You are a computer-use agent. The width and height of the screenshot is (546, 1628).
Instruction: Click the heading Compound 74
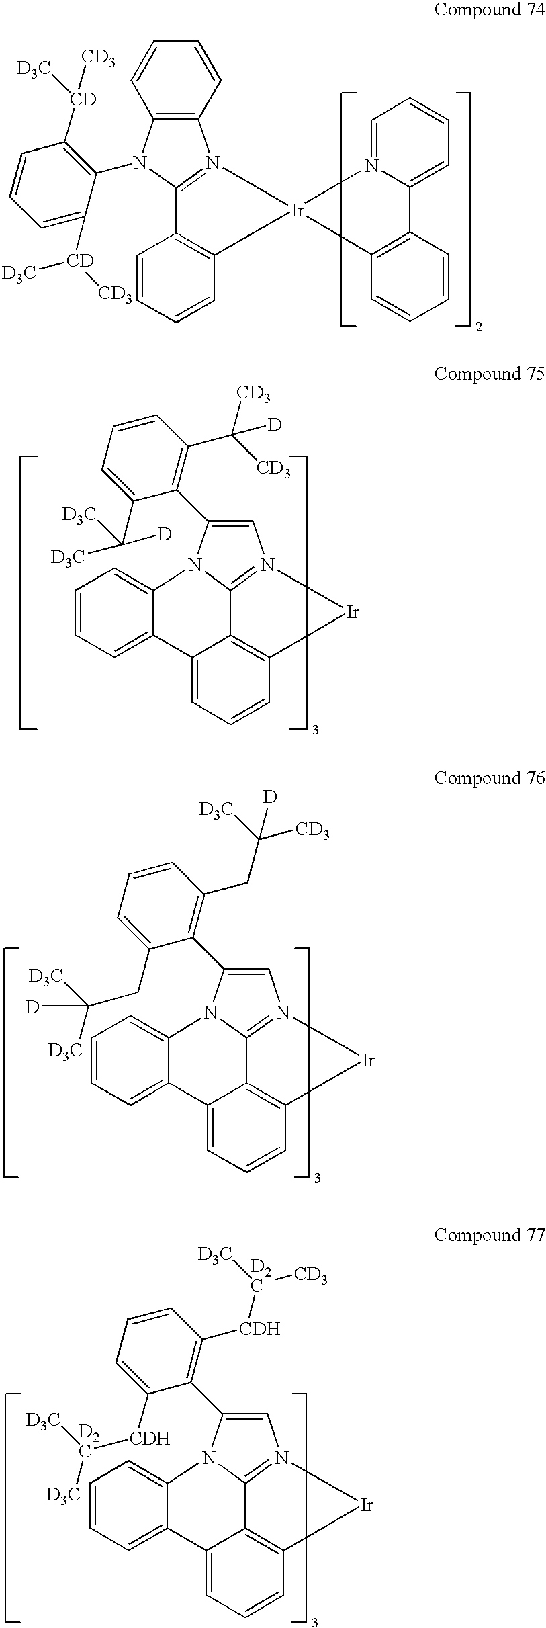click(490, 10)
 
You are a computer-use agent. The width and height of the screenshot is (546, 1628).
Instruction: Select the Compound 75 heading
click(490, 374)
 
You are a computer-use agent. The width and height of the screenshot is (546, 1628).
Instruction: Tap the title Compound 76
click(490, 779)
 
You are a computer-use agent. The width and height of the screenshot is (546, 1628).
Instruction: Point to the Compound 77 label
click(490, 1236)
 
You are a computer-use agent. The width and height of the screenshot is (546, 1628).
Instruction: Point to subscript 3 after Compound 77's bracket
click(314, 1621)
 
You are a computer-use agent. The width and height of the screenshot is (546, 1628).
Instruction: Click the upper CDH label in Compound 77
click(260, 1329)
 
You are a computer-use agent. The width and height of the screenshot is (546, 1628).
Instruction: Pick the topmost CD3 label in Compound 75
click(253, 396)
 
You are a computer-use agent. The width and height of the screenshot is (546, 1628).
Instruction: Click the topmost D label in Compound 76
click(269, 798)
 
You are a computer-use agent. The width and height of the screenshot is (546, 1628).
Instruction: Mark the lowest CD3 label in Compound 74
click(116, 294)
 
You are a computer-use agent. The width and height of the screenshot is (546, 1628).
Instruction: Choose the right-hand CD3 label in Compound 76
click(312, 832)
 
